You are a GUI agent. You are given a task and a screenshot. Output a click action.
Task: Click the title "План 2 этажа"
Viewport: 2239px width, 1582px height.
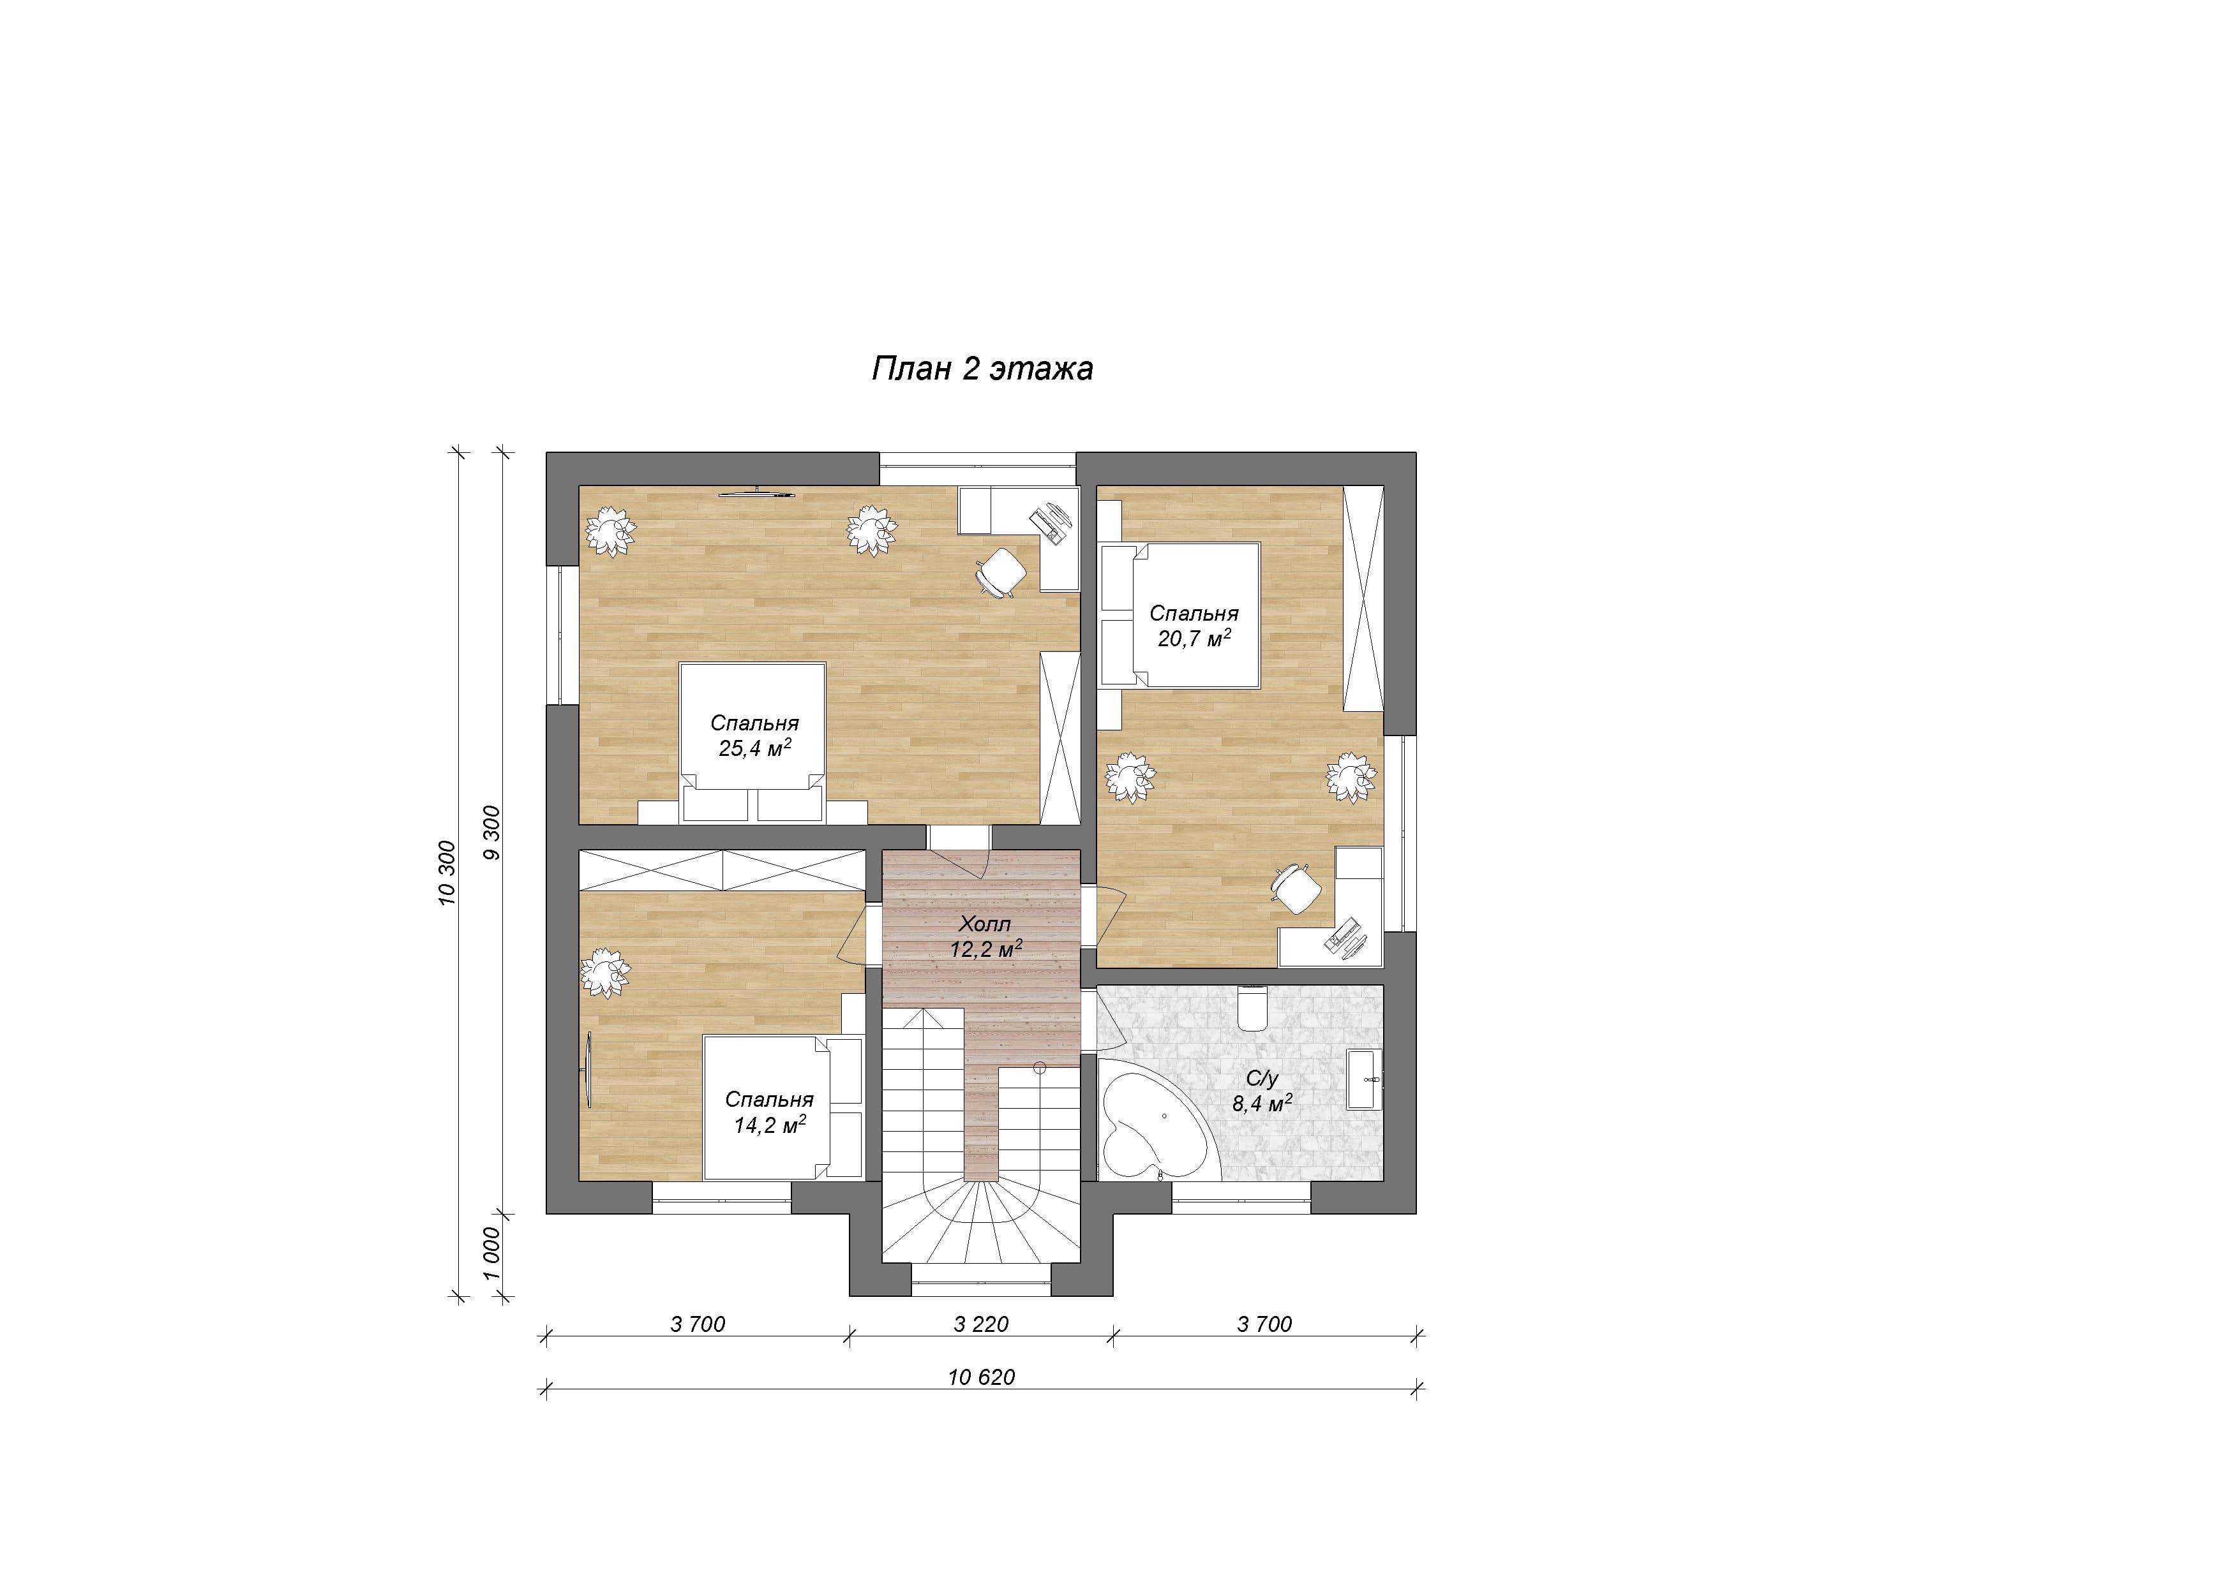coord(982,369)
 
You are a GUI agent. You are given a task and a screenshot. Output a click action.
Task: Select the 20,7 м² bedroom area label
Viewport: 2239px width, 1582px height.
coord(1194,639)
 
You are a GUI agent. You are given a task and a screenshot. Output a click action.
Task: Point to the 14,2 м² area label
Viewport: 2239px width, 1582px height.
coord(769,1125)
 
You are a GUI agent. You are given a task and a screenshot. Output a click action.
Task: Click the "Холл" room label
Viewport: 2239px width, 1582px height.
coord(985,923)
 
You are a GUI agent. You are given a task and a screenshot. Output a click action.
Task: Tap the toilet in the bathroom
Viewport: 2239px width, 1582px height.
coord(1251,1007)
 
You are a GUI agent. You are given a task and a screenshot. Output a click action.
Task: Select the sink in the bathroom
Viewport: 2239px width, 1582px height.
coord(1363,1079)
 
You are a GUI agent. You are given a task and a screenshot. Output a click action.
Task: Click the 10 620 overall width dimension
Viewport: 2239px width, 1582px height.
coord(981,1377)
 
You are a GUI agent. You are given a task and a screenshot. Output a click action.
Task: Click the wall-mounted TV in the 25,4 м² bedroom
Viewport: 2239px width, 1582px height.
coord(758,492)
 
